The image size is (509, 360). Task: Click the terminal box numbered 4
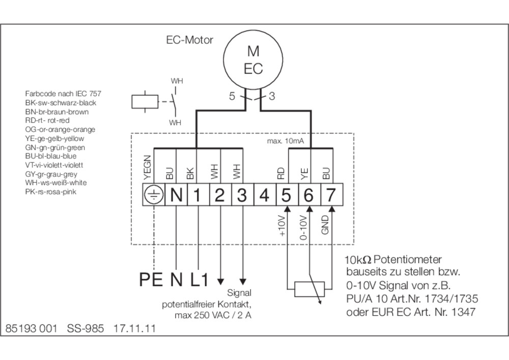(265, 195)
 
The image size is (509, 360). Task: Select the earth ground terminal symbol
(154, 195)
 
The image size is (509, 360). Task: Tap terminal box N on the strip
(176, 195)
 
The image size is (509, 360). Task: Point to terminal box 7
(332, 195)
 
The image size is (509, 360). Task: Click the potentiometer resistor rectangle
(309, 289)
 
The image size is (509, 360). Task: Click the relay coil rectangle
(145, 102)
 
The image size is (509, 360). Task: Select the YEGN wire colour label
(148, 168)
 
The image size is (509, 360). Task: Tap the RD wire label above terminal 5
(281, 173)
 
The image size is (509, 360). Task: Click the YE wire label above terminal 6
(304, 174)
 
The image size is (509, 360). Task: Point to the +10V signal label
(281, 226)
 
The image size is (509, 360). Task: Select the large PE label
(151, 279)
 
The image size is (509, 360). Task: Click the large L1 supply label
(199, 279)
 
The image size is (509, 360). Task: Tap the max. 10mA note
(286, 141)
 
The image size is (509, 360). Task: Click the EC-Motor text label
(189, 40)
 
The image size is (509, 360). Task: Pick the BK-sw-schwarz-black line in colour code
(61, 103)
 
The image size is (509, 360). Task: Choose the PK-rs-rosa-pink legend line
(50, 192)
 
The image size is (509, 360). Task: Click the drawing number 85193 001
(31, 328)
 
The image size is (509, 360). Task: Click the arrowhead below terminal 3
(243, 282)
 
